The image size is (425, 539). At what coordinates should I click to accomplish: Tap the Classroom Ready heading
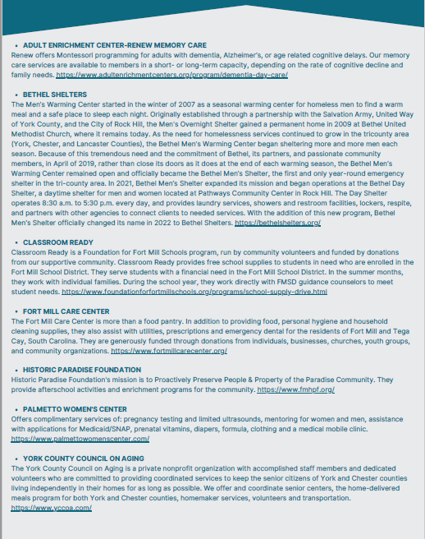tap(59, 242)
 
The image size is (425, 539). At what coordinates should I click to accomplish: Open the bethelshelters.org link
tap(277, 223)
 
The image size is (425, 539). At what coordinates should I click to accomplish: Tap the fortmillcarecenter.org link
tap(169, 350)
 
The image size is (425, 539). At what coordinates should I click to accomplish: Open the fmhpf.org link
tap(283, 389)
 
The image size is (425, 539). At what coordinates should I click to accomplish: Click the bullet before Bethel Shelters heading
tap(16, 94)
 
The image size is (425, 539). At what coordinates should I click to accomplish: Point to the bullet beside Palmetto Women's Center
tap(16, 408)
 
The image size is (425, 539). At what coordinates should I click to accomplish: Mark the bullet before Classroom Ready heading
tap(16, 242)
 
